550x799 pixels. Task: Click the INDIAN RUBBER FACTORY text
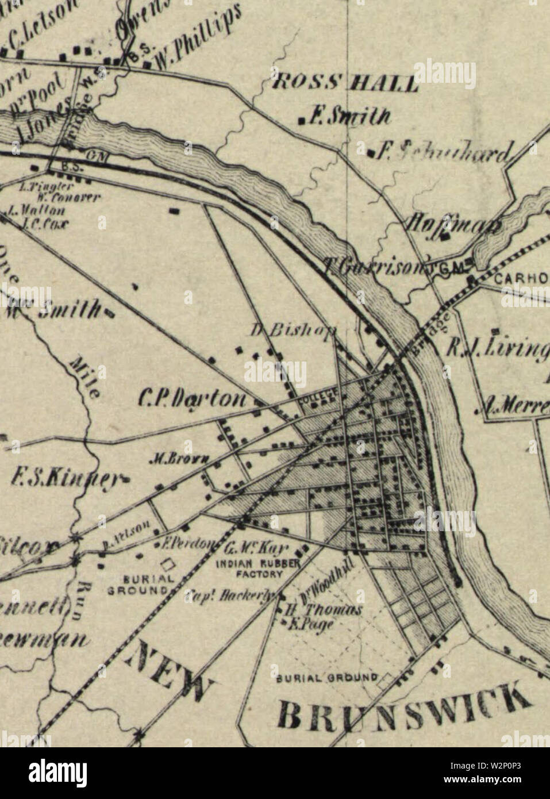point(257,568)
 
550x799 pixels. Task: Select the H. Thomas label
point(324,610)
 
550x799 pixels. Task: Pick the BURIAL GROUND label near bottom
point(328,677)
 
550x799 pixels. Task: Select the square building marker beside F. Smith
point(301,120)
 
